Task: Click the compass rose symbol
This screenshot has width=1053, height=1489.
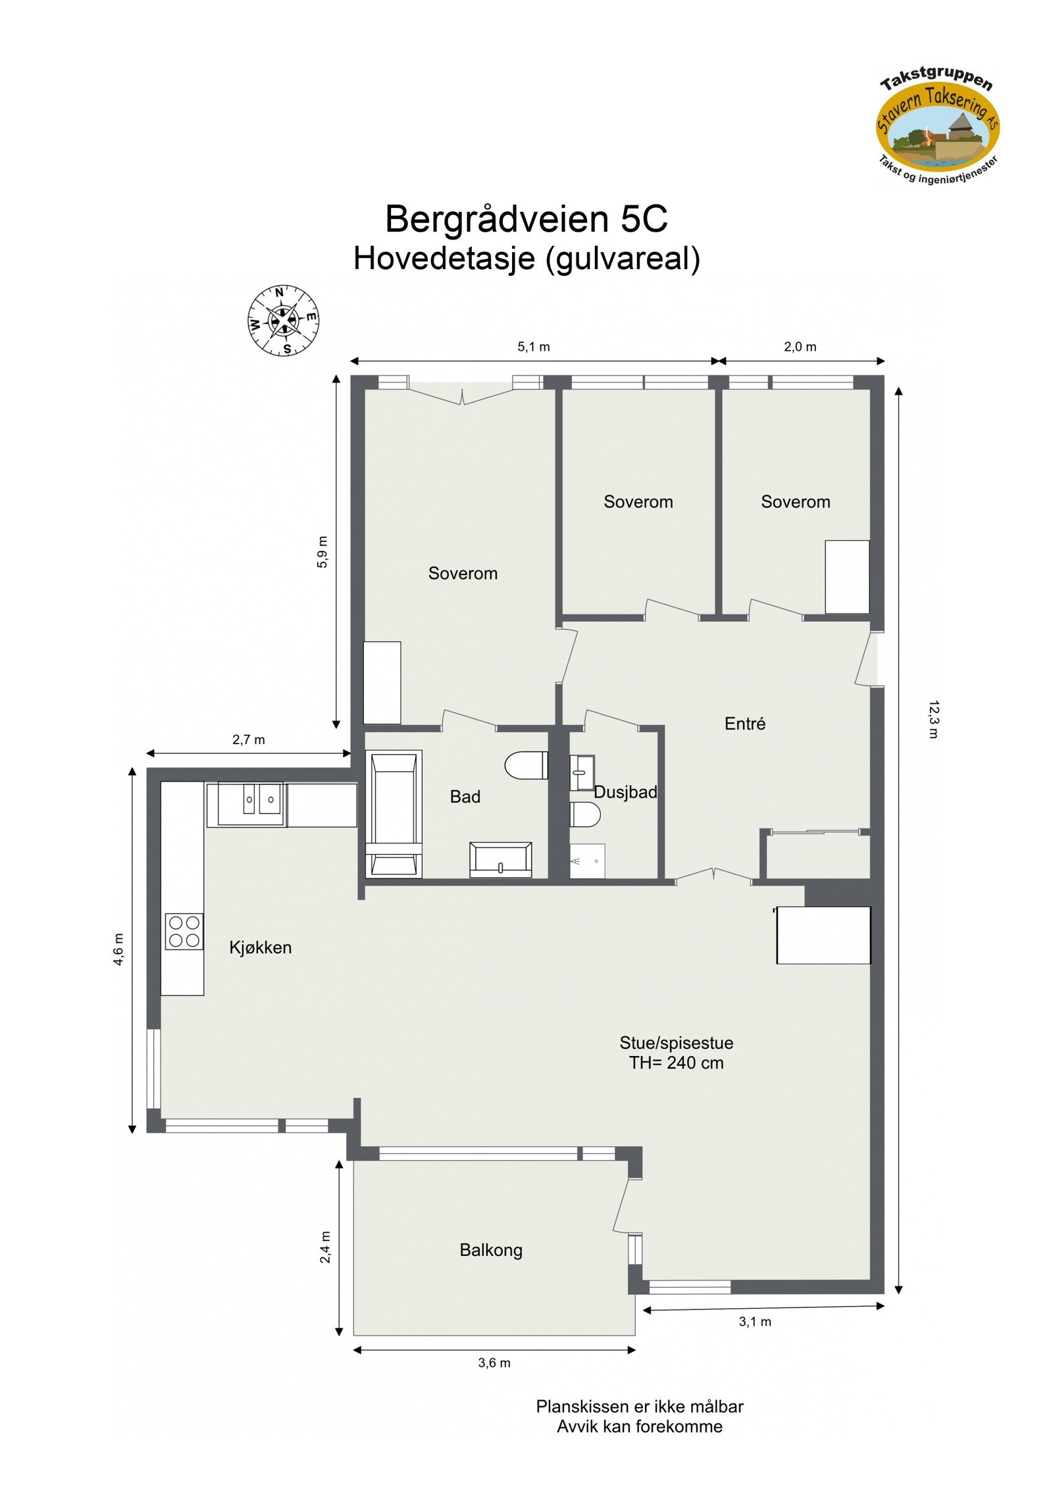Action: tap(283, 320)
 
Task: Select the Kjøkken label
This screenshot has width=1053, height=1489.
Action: tap(260, 947)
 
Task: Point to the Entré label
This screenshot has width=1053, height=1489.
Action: tap(744, 724)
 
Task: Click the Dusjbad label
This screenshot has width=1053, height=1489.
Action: tap(625, 792)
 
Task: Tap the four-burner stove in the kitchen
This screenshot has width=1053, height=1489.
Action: tap(184, 932)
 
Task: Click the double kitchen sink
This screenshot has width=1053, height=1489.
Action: tap(260, 801)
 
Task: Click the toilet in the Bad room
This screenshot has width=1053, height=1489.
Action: tap(527, 765)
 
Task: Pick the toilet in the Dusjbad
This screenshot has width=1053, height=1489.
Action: tap(584, 815)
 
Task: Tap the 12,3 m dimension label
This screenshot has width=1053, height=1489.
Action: tap(933, 720)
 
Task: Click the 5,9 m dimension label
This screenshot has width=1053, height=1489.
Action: tap(322, 551)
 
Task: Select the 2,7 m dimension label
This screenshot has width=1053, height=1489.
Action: tap(248, 740)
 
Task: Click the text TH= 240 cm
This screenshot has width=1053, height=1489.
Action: tap(676, 1063)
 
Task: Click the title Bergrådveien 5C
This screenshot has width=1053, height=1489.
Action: tap(526, 219)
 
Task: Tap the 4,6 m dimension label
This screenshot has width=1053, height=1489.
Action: tap(118, 949)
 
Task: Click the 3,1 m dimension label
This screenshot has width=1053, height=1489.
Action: tap(755, 1322)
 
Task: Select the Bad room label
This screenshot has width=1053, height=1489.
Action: tap(465, 797)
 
